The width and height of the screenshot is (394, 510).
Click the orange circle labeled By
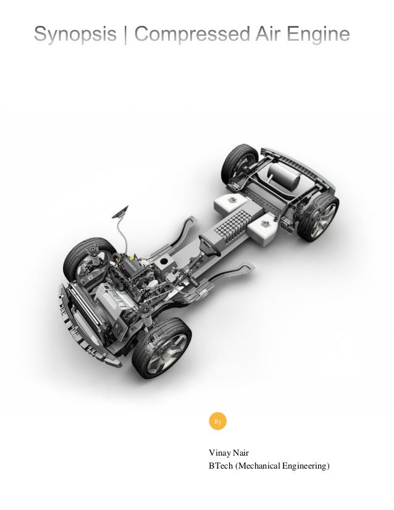coord(217,422)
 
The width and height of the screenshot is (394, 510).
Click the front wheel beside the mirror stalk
coord(88,257)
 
